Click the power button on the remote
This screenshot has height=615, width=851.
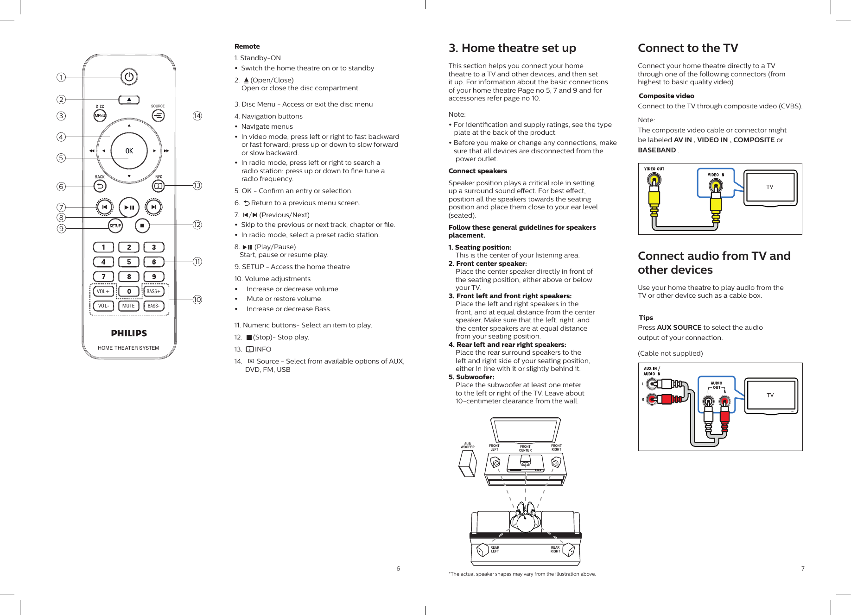point(129,76)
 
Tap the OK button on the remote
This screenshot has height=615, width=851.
point(129,151)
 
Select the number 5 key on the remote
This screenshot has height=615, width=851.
point(129,262)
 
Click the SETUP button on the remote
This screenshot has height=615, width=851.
point(115,226)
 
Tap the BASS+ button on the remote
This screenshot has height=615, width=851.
point(153,291)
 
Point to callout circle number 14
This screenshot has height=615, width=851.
point(197,116)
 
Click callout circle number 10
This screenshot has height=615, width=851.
point(197,300)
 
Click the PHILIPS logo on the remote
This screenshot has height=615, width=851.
point(129,333)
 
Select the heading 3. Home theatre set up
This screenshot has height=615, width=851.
point(512,48)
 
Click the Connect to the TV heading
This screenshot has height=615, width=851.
point(688,48)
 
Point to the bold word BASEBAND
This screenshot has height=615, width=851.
point(657,150)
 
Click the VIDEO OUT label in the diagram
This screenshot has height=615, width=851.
point(654,169)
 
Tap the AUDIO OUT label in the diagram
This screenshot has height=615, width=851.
point(717,385)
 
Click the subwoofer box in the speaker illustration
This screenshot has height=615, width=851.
point(467,464)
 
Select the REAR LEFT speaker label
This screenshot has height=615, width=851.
point(495,549)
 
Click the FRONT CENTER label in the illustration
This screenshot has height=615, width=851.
point(525,448)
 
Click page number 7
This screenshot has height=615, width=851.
point(803,568)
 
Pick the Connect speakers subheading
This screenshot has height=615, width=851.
point(477,171)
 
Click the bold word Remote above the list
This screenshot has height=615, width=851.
point(247,46)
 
